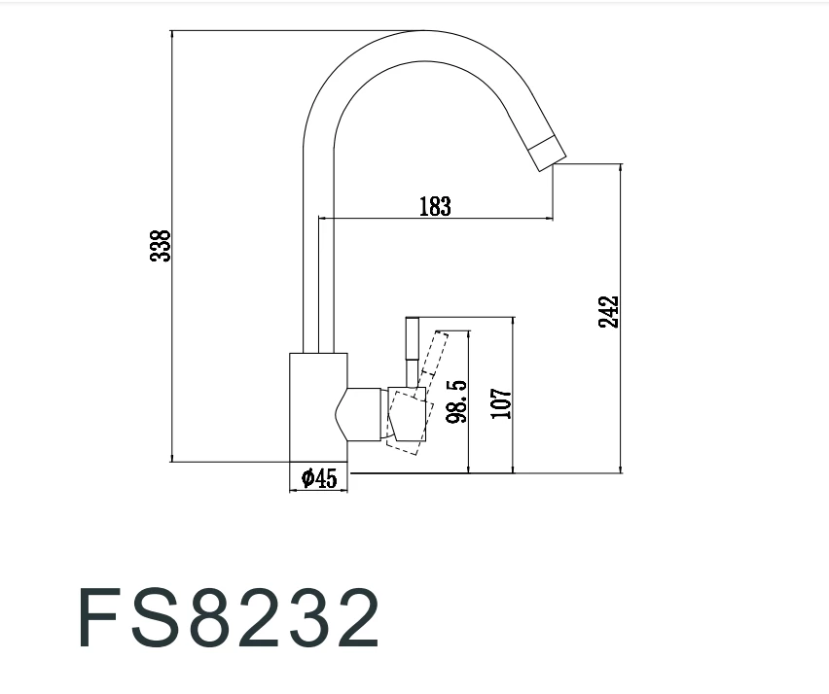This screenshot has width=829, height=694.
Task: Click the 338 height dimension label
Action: pyautogui.click(x=161, y=246)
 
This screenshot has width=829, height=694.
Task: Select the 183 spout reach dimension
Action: pyautogui.click(x=435, y=206)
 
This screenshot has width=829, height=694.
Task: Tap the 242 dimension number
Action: pyautogui.click(x=609, y=311)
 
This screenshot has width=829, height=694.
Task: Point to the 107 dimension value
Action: pyautogui.click(x=501, y=402)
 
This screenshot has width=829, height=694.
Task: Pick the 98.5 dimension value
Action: pyautogui.click(x=457, y=400)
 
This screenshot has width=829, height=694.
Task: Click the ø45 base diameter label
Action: pyautogui.click(x=319, y=478)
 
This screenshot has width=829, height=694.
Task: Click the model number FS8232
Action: pyautogui.click(x=229, y=618)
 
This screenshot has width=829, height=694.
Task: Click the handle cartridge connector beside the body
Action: pyautogui.click(x=365, y=413)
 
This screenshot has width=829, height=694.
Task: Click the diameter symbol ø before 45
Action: pyautogui.click(x=306, y=478)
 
